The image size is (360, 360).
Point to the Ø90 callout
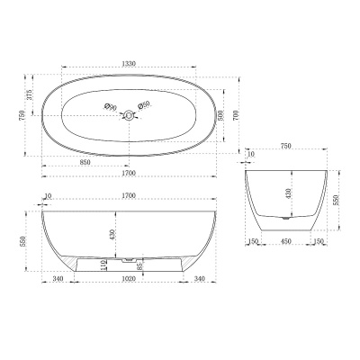pyautogui.click(x=111, y=107)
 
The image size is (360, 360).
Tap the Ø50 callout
pyautogui.click(x=144, y=105)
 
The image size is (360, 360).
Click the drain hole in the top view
pyautogui.click(x=128, y=113)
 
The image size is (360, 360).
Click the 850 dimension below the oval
pyautogui.click(x=84, y=162)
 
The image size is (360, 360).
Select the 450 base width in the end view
pyautogui.click(x=286, y=241)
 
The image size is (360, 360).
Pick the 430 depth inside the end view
pyautogui.click(x=287, y=192)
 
